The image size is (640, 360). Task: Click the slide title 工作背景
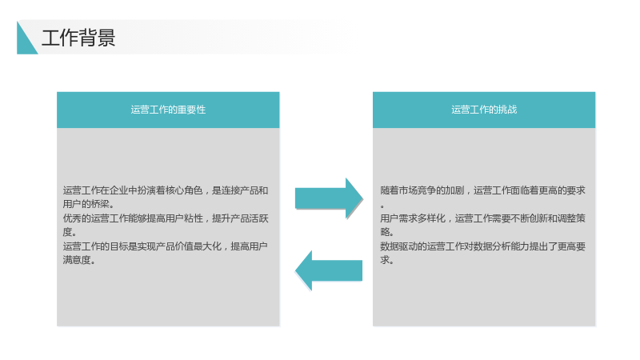(x=78, y=38)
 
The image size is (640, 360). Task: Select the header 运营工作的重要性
(x=168, y=110)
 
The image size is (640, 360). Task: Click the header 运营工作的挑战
(x=484, y=110)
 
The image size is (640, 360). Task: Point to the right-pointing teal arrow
(x=329, y=198)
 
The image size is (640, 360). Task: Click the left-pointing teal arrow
(x=329, y=270)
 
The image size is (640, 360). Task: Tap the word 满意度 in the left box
(x=77, y=259)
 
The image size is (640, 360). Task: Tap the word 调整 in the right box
(x=567, y=218)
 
